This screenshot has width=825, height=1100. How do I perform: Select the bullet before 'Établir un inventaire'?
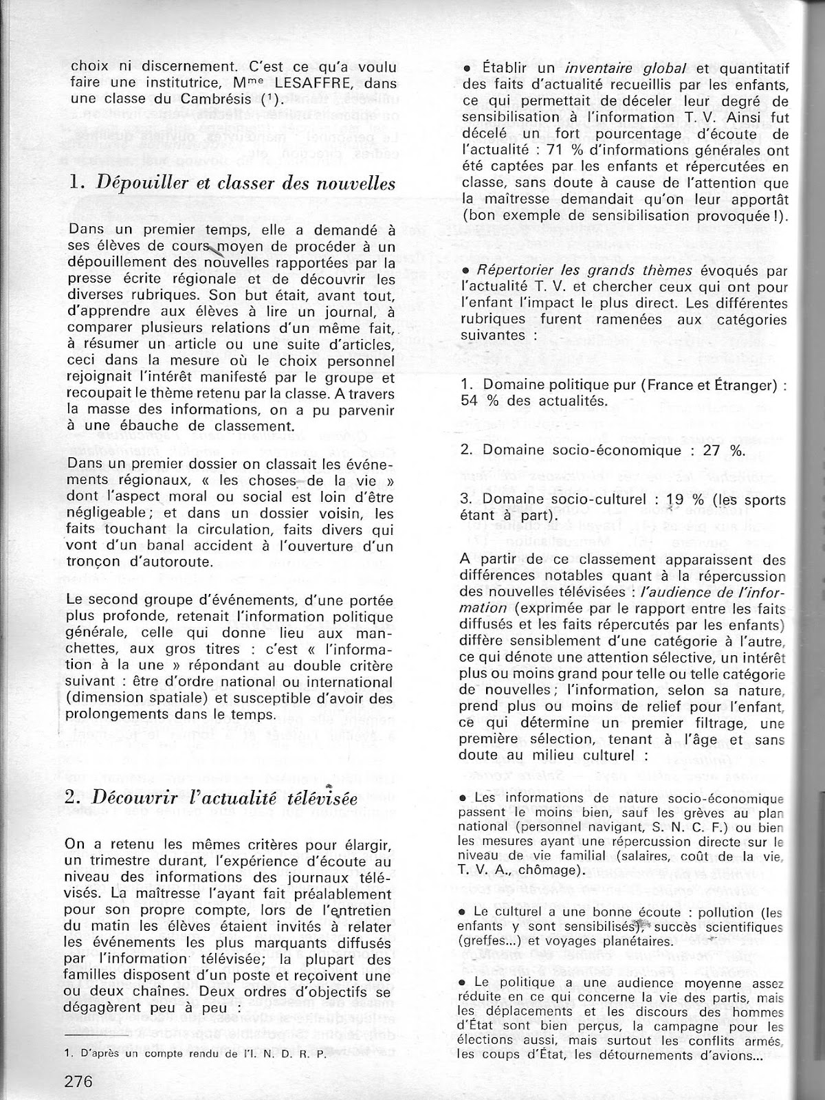[x=467, y=69]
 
